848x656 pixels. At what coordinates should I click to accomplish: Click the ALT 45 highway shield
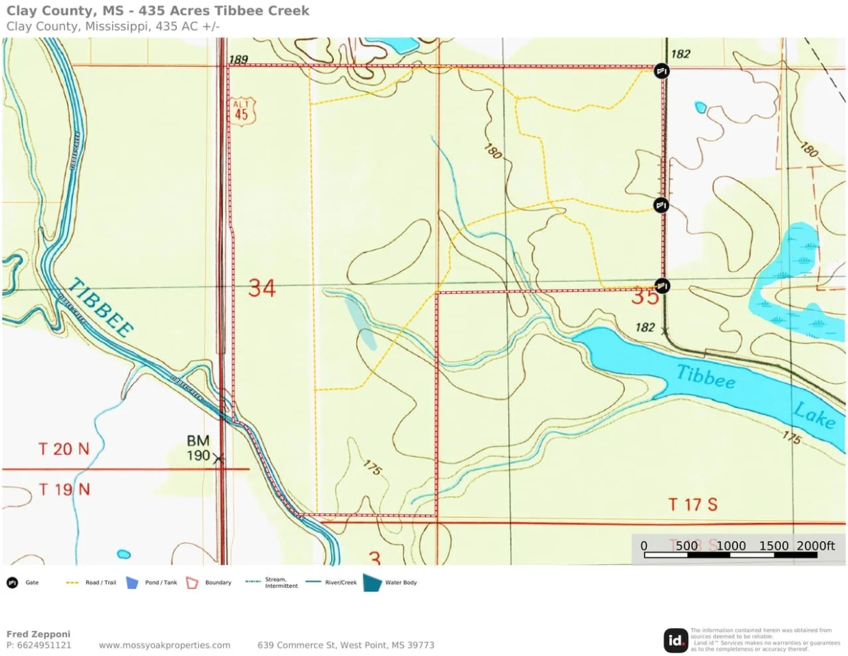pyautogui.click(x=242, y=111)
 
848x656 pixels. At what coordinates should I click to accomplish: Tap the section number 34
pyautogui.click(x=262, y=288)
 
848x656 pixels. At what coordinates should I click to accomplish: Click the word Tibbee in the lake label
pyautogui.click(x=706, y=377)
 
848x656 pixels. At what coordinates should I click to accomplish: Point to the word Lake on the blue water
pyautogui.click(x=814, y=415)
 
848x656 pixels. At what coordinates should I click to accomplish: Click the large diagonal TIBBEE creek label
pyautogui.click(x=101, y=307)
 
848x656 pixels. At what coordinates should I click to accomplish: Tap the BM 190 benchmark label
pyautogui.click(x=199, y=448)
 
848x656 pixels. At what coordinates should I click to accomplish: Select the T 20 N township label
pyautogui.click(x=63, y=449)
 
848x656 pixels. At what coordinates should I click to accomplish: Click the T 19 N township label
pyautogui.click(x=63, y=490)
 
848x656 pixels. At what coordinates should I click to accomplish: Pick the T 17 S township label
pyautogui.click(x=692, y=505)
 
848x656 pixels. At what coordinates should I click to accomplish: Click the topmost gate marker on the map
pyautogui.click(x=661, y=71)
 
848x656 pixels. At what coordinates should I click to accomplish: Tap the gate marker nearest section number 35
pyautogui.click(x=662, y=286)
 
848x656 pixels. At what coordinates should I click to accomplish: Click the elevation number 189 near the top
pyautogui.click(x=238, y=60)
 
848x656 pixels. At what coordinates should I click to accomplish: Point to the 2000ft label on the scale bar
pyautogui.click(x=815, y=545)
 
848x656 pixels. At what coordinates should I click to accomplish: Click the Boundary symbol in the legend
pyautogui.click(x=193, y=583)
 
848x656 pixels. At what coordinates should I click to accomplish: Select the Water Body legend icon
pyautogui.click(x=373, y=583)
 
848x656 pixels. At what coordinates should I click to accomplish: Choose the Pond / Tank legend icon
pyautogui.click(x=132, y=583)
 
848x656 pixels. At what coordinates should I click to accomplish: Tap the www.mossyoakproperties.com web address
pyautogui.click(x=165, y=645)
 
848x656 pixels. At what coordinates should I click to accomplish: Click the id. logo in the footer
pyautogui.click(x=675, y=640)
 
